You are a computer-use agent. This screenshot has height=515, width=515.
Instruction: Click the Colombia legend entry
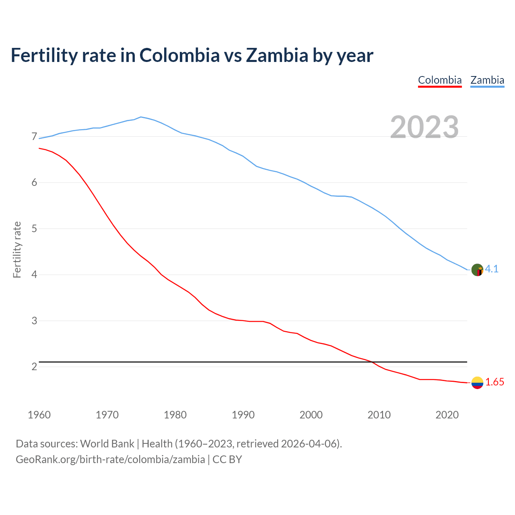click(440, 80)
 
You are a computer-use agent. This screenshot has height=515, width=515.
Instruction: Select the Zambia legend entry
click(487, 80)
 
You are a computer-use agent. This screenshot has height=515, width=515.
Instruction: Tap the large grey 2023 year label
click(424, 127)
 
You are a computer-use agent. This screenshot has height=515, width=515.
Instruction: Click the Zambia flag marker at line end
click(477, 270)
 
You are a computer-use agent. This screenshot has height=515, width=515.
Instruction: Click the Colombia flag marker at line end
click(477, 383)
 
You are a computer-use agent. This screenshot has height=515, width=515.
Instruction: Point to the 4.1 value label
click(492, 269)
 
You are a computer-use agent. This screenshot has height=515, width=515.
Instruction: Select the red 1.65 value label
click(494, 382)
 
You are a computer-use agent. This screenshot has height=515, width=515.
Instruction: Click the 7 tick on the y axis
click(34, 137)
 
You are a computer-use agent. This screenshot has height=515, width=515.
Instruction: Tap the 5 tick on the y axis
click(34, 229)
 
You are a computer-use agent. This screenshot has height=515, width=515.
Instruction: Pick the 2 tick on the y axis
click(34, 367)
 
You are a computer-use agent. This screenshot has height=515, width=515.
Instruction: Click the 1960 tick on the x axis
click(39, 415)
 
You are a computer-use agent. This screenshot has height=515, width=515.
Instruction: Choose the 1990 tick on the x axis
click(243, 415)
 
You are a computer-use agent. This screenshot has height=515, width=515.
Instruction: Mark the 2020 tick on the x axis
click(447, 415)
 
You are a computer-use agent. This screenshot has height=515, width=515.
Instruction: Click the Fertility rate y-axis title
click(17, 249)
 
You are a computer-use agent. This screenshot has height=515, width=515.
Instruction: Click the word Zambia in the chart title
click(277, 55)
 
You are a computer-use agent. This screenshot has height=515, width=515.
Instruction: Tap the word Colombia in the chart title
click(179, 55)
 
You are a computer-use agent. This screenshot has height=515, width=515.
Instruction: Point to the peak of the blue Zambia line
click(140, 117)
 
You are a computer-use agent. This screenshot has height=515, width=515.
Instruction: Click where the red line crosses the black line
click(372, 362)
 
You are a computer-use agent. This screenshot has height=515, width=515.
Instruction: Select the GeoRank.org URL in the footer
click(110, 459)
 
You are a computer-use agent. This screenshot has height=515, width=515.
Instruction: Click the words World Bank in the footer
click(107, 444)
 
